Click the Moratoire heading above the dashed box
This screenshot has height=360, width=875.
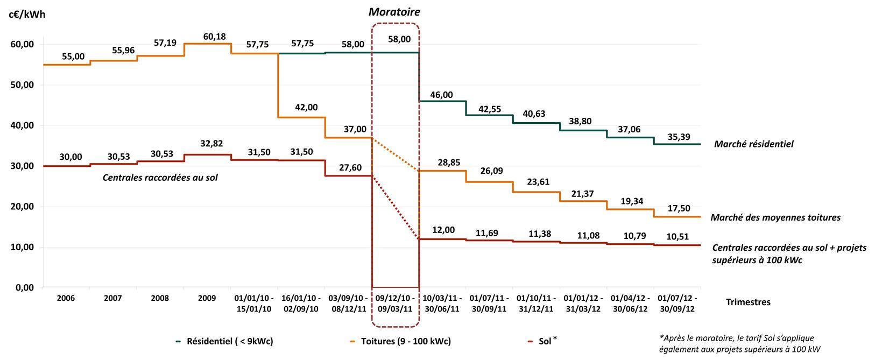[x=395, y=12]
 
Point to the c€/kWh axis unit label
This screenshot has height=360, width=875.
[x=27, y=15]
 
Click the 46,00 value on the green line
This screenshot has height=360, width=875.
[x=442, y=95]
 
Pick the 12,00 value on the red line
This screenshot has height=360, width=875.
[x=444, y=230]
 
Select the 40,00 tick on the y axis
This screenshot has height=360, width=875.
[x=23, y=125]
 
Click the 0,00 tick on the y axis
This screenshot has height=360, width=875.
[x=25, y=288]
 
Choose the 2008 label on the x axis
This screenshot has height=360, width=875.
[x=160, y=298]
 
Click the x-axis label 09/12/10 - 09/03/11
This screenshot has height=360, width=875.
[x=394, y=303]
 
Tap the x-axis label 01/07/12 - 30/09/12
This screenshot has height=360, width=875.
[x=677, y=303]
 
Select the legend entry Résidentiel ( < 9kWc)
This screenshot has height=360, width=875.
[x=225, y=341]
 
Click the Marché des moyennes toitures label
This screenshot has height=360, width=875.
[x=775, y=218]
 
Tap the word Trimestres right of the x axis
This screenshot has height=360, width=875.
[x=748, y=302]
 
